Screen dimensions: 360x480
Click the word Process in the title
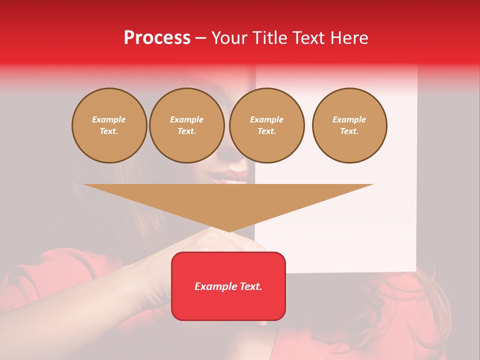click(157, 37)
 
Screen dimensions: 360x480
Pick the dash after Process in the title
click(200, 38)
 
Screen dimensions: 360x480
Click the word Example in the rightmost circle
click(349, 119)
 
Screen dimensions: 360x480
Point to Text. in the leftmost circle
click(109, 131)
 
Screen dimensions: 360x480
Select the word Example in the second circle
click(187, 119)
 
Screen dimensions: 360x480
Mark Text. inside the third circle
click(267, 131)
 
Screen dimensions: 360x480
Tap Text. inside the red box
click(250, 286)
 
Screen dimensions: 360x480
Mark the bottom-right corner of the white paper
click(415, 271)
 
